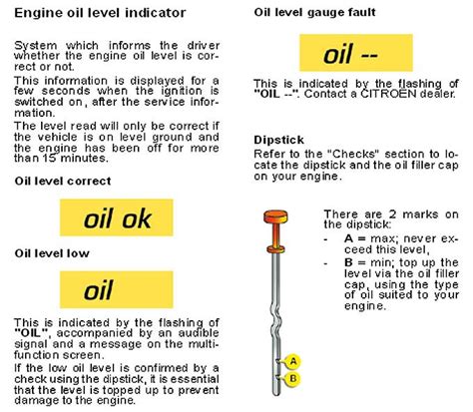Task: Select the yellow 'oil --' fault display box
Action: pyautogui.click(x=353, y=51)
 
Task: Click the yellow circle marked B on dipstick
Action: pyautogui.click(x=291, y=378)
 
